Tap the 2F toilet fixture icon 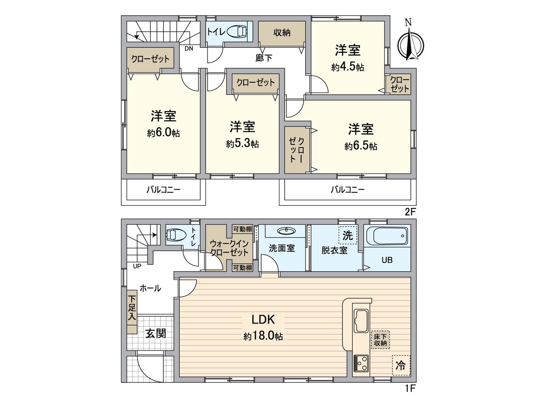click(237, 32)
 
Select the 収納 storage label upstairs click(282, 33)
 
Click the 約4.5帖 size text click(347, 67)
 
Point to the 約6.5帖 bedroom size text click(361, 146)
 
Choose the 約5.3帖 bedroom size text click(242, 143)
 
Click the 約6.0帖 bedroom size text click(163, 133)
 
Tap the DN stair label click(189, 48)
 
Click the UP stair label click(137, 266)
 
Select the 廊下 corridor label click(264, 58)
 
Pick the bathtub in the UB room click(387, 236)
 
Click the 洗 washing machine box click(348, 235)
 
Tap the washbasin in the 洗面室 click(286, 231)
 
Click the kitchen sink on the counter click(361, 320)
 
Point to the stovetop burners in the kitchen click(361, 363)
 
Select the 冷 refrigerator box click(401, 365)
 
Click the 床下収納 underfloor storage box click(380, 340)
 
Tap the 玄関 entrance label click(156, 333)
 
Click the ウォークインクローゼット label click(229, 248)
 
